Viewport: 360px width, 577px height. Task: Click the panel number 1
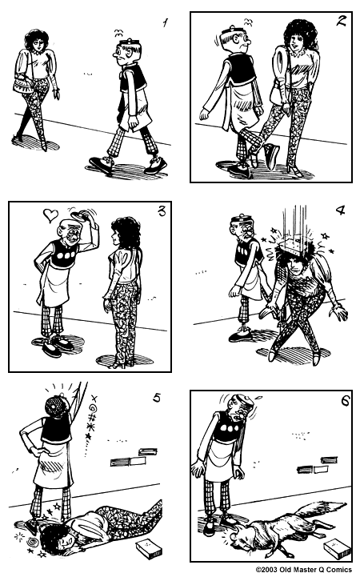click(x=166, y=22)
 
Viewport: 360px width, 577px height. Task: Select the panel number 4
click(x=340, y=212)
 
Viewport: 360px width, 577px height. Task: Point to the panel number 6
click(x=345, y=400)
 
